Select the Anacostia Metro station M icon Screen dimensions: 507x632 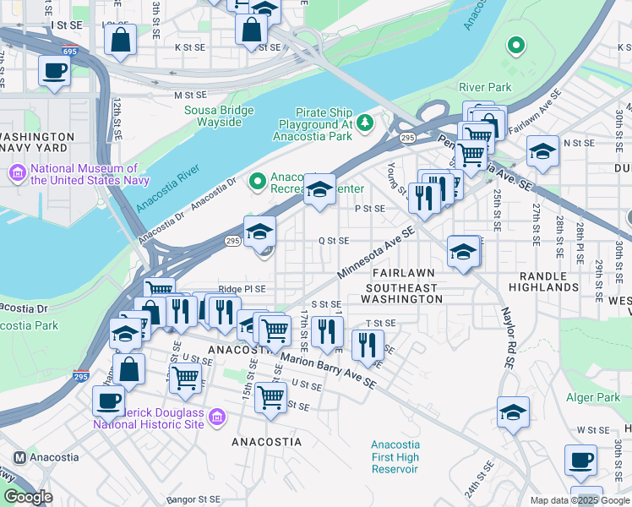point(19,458)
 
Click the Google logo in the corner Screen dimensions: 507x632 point(27,497)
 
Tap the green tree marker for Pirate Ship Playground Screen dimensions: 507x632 point(365,123)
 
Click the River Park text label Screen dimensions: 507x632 point(485,87)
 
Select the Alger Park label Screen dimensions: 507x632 point(597,397)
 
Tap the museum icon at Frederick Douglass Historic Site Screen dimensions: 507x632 point(217,417)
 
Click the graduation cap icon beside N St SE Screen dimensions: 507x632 point(542,152)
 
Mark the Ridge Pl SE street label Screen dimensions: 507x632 point(242,289)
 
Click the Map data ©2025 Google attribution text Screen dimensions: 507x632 point(579,500)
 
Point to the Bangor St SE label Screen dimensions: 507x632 point(193,500)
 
